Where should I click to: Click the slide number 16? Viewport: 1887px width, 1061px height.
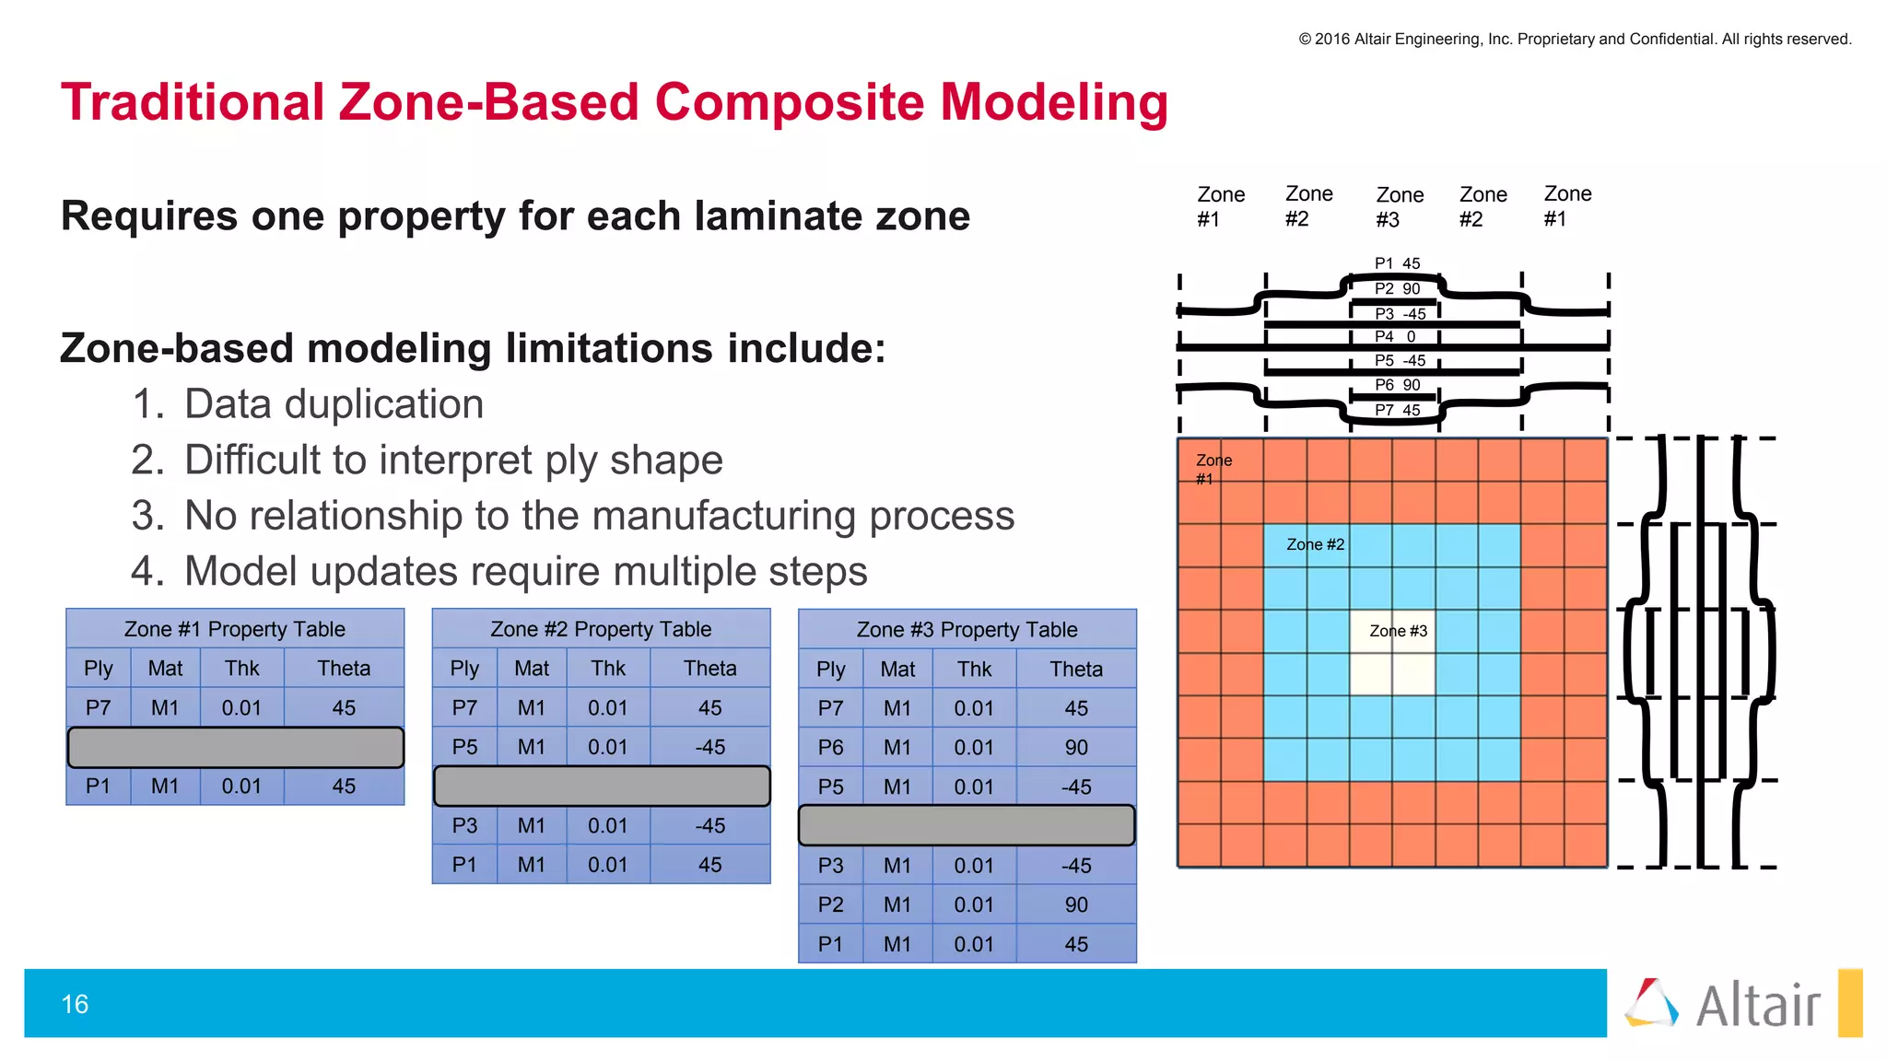click(75, 1004)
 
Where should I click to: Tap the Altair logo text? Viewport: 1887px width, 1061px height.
click(1758, 1006)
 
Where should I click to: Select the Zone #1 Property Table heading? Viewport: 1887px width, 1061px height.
click(235, 629)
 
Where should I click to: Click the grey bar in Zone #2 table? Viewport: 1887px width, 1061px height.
click(602, 787)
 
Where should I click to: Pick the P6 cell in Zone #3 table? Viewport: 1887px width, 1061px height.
click(830, 748)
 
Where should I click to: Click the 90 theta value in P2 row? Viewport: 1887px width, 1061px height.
click(1076, 905)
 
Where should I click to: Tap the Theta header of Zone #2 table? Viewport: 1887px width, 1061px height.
click(709, 669)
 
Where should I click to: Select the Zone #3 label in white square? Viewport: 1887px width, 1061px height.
click(1398, 631)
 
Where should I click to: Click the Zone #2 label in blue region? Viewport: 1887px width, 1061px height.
click(1315, 544)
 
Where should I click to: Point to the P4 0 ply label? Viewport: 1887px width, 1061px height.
click(1396, 337)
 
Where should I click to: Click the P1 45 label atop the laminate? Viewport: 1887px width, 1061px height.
click(1397, 263)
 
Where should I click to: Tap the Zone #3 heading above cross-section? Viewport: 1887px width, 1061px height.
click(1400, 207)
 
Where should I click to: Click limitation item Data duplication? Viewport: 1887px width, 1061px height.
click(334, 404)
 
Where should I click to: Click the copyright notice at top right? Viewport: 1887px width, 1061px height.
click(1575, 39)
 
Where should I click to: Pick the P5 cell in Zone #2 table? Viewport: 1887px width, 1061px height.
click(464, 747)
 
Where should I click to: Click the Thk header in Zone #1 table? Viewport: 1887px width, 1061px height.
click(242, 669)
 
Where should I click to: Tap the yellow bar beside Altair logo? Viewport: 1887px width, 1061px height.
click(1850, 1003)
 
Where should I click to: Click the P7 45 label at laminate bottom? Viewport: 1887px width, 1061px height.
click(1397, 411)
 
